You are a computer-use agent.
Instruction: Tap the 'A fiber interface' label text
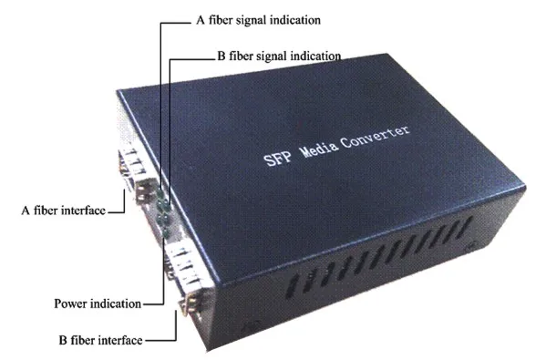pos(63,211)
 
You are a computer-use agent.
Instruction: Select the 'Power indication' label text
pos(98,303)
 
